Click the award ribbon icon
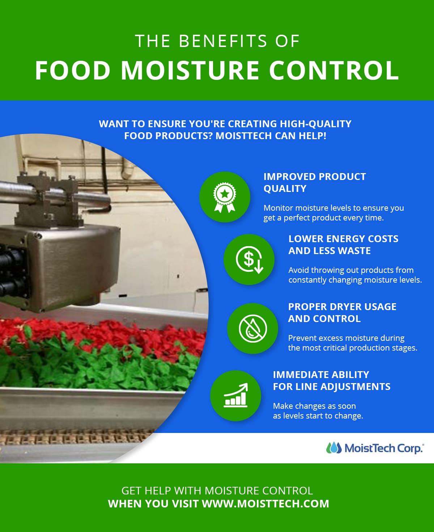(x=225, y=197)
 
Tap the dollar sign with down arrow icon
(x=249, y=259)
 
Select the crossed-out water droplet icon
(x=252, y=328)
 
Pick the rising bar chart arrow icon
(x=235, y=395)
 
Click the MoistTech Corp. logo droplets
(x=333, y=448)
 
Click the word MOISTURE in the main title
(x=190, y=70)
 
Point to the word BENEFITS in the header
(x=223, y=41)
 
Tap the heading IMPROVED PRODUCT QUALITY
(x=314, y=183)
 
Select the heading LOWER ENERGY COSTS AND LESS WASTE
(x=343, y=245)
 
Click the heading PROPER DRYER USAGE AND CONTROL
(x=342, y=313)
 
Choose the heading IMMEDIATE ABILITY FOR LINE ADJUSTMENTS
(x=331, y=381)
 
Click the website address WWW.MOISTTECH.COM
(x=265, y=503)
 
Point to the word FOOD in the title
(x=73, y=70)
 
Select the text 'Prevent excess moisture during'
(x=346, y=338)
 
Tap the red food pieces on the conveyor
(x=109, y=332)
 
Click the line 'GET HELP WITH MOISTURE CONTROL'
(x=217, y=490)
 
